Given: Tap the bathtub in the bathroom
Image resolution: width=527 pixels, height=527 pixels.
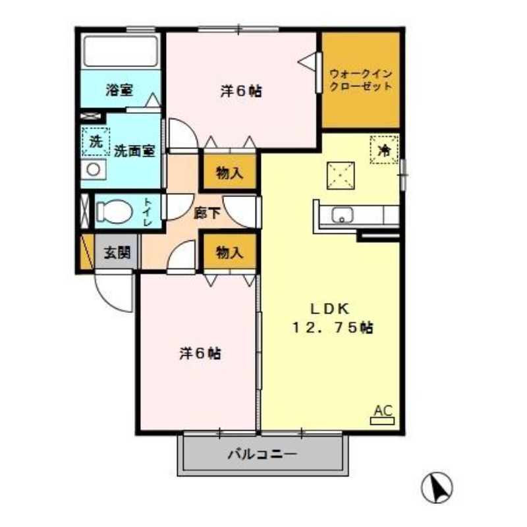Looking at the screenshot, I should (121, 51).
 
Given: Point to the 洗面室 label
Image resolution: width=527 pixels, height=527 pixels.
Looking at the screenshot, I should (134, 150).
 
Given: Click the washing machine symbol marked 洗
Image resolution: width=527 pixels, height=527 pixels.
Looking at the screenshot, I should (96, 141).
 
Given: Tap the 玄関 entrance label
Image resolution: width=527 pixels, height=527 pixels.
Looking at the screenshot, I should (117, 252).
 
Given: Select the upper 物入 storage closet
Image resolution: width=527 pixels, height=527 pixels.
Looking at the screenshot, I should (229, 173).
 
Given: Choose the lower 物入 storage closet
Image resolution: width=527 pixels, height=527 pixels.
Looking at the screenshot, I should (229, 252).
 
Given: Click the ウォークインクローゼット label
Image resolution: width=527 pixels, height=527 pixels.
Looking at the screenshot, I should (360, 80).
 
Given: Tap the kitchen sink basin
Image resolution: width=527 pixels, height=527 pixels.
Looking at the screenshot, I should (343, 215).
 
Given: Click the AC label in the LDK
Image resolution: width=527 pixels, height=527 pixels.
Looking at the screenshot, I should (382, 412).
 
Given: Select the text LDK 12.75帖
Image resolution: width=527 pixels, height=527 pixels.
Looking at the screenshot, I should (333, 318).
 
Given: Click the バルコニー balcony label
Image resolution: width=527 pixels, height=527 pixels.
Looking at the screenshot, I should (263, 454).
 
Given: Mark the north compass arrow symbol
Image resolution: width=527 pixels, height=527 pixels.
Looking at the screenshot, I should (436, 488).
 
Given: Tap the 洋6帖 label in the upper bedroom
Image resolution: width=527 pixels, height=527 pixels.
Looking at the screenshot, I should (241, 92).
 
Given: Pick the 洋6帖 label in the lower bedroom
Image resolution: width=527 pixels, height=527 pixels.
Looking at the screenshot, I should (200, 354).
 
